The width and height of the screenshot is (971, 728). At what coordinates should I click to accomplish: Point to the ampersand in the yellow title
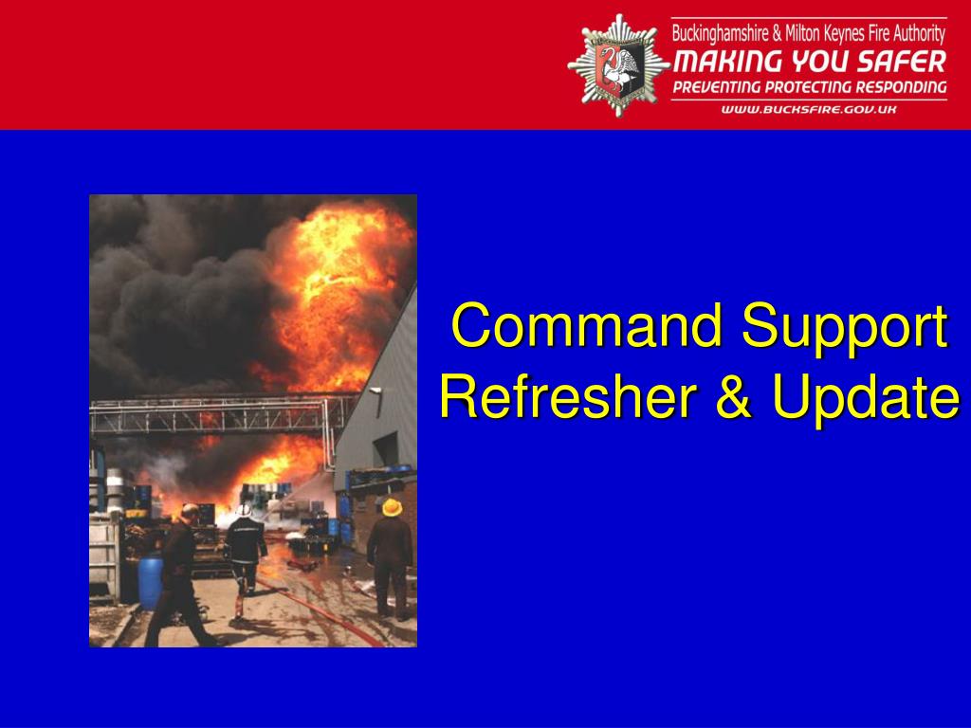coord(734,395)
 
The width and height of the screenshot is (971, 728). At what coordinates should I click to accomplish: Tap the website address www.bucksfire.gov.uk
coord(809,110)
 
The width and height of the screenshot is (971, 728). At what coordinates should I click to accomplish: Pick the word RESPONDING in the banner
coord(899,86)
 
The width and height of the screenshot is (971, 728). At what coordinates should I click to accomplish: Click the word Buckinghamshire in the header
coord(721,33)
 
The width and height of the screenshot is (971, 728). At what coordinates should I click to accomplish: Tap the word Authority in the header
coord(918,33)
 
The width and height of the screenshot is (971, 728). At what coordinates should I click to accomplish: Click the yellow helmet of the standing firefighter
coord(392,507)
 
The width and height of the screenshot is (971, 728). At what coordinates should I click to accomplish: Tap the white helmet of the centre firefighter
coord(244,510)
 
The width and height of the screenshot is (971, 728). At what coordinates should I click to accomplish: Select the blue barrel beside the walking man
coord(151,583)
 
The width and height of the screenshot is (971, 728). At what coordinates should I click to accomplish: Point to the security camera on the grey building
coord(375,391)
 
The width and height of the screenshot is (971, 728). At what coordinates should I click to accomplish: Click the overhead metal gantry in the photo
coord(220,414)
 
